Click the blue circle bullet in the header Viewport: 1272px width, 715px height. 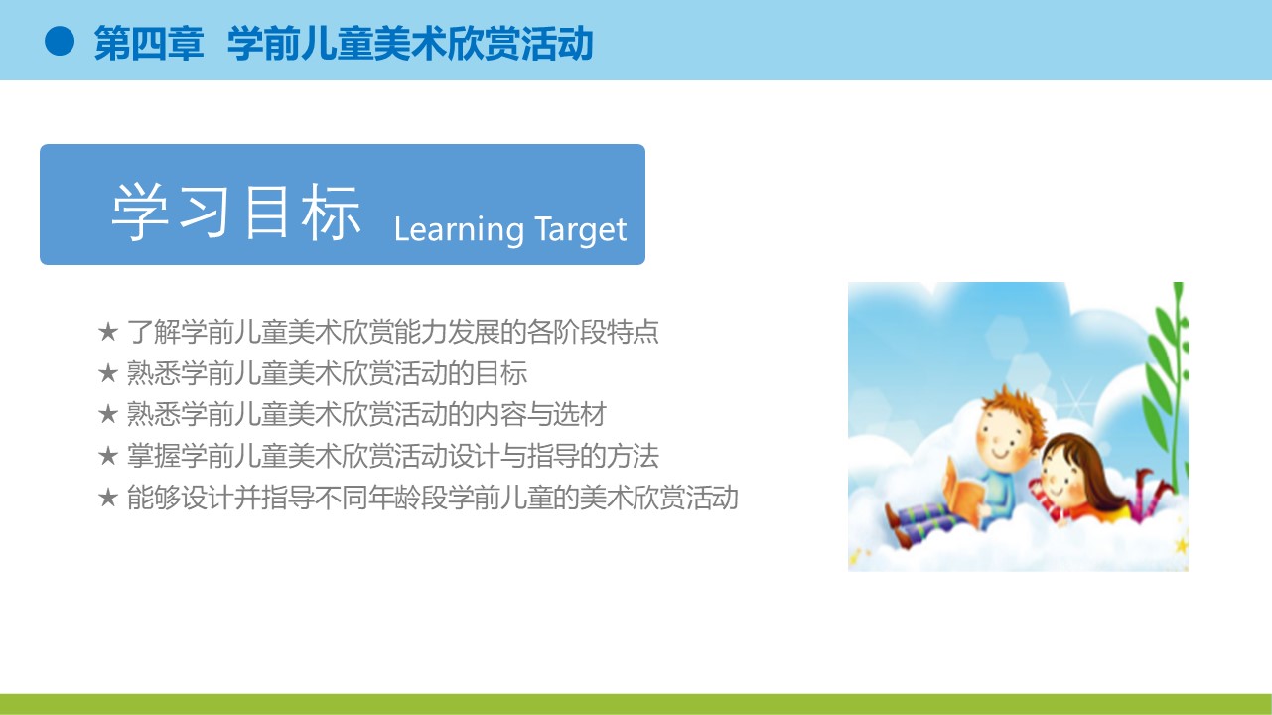click(60, 42)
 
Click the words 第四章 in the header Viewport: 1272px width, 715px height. click(149, 43)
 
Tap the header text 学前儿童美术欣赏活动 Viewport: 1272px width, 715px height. click(410, 43)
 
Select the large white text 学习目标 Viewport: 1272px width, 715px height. click(236, 212)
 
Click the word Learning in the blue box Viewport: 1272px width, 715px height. click(459, 230)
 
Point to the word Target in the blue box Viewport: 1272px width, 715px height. click(581, 230)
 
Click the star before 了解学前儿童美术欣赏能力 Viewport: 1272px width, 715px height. click(108, 331)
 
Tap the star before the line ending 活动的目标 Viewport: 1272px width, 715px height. click(108, 373)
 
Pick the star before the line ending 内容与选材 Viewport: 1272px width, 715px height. click(108, 414)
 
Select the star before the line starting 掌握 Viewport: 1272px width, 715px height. click(108, 456)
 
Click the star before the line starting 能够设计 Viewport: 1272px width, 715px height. click(108, 497)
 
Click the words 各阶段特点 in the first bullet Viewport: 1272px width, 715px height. click(593, 331)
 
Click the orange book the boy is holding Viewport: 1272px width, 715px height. click(963, 495)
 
